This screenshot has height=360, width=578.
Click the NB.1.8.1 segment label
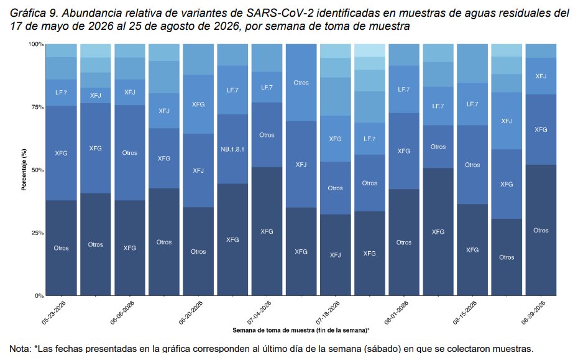point(232,149)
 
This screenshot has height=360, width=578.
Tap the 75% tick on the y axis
point(37,108)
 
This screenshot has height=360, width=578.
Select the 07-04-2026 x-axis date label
point(260,313)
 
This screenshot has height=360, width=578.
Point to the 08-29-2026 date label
point(533,313)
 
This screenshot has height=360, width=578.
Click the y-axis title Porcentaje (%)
point(24,170)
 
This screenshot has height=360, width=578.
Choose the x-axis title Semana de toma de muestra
point(301,330)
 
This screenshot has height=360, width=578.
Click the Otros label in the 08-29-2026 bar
point(541,230)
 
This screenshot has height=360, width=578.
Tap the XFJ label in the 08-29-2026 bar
point(541,76)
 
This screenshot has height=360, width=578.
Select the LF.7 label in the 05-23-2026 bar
point(61,92)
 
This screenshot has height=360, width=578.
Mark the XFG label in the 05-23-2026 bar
point(61,153)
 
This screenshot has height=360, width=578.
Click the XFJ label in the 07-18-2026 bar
point(336,255)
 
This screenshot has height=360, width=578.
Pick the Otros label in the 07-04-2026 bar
point(267,135)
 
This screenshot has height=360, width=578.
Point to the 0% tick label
point(39,296)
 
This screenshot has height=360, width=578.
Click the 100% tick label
point(36,44)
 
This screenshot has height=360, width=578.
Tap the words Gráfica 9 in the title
point(34,13)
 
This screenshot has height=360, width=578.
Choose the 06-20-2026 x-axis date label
point(191,313)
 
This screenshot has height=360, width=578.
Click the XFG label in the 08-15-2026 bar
point(472,250)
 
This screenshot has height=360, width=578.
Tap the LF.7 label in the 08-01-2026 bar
point(403,90)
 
